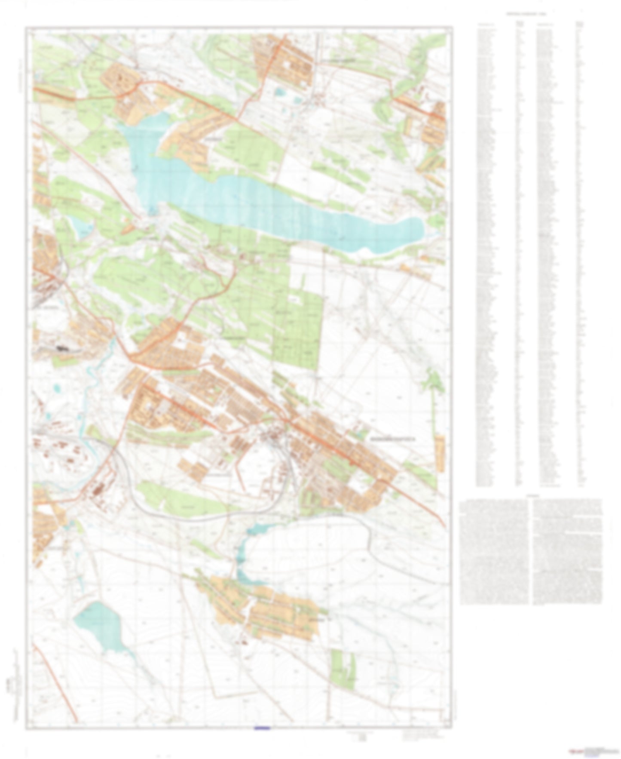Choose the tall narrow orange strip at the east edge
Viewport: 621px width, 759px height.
[x=440, y=454]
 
